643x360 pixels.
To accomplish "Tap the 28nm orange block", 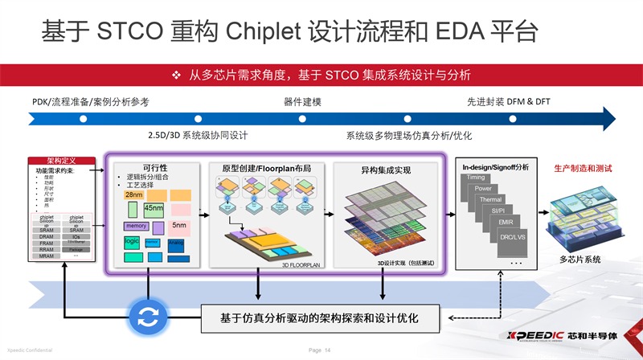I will coord(134,194).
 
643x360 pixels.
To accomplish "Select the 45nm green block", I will coord(154,209).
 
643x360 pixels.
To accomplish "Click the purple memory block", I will coord(136,227).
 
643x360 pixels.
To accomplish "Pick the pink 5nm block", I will coord(179,226).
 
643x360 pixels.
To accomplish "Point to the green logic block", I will coord(132,242).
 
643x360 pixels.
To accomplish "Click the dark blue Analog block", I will coord(177,243).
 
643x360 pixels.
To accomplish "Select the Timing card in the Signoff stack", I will coord(476,177).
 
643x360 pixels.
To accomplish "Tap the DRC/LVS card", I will coord(512,238).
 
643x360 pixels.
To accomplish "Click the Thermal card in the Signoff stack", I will coord(490,199).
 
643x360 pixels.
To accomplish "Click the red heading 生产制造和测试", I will coord(583,170).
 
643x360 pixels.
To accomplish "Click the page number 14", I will coord(327,351).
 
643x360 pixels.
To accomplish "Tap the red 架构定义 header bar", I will coord(62,161).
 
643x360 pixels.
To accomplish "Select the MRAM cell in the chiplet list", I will coord(47,256).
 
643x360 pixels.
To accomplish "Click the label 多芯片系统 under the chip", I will coord(580,259).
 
